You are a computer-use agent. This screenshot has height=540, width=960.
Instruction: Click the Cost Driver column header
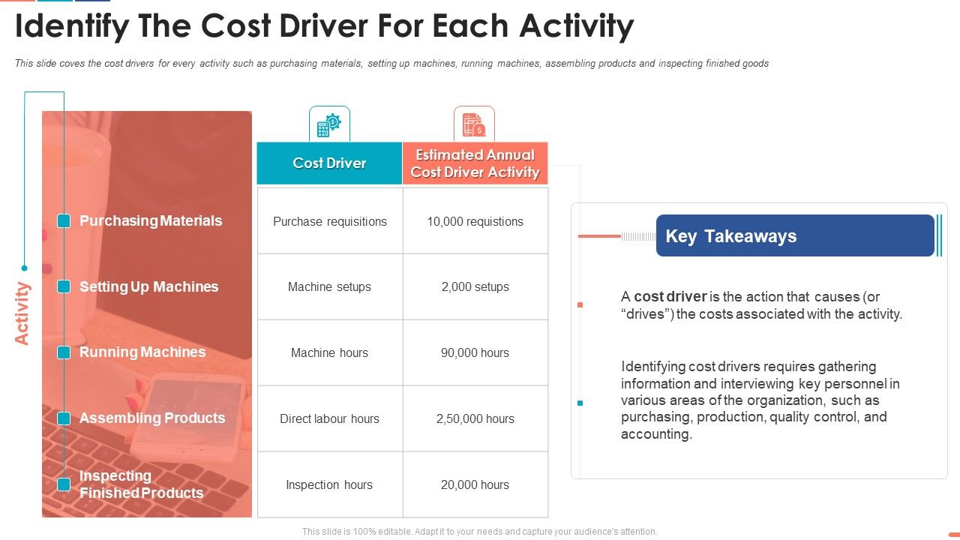[x=329, y=163]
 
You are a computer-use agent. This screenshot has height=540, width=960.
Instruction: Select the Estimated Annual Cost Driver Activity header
[x=475, y=163]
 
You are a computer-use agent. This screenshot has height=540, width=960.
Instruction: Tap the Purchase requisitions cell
[x=330, y=221]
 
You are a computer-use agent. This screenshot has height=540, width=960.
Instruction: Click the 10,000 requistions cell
[x=475, y=221]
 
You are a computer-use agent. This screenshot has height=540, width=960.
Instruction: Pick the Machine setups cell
[x=330, y=286]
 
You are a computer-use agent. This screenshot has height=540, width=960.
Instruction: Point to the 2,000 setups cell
[x=475, y=286]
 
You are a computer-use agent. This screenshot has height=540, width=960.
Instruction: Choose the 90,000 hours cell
[x=475, y=352]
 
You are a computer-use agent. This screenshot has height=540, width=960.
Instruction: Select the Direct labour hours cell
[x=330, y=418]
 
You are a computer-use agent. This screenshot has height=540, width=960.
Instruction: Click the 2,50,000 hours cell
[x=475, y=418]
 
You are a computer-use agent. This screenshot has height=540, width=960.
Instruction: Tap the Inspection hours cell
[x=330, y=484]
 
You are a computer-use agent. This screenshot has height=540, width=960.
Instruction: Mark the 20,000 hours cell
[x=475, y=484]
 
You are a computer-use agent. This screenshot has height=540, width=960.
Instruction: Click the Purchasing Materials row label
[x=151, y=220]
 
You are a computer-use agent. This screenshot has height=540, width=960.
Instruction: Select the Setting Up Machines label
[x=148, y=286]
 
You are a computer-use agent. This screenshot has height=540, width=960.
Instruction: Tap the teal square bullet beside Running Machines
[x=64, y=352]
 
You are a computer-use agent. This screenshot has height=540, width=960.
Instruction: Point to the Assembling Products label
[x=152, y=418]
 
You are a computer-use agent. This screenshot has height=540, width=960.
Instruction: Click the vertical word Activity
[x=22, y=313]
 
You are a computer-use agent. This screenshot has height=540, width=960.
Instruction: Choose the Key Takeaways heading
[x=730, y=236]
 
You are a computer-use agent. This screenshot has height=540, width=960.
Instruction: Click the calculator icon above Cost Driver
[x=329, y=124]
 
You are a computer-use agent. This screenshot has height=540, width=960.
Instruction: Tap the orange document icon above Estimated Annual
[x=474, y=124]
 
